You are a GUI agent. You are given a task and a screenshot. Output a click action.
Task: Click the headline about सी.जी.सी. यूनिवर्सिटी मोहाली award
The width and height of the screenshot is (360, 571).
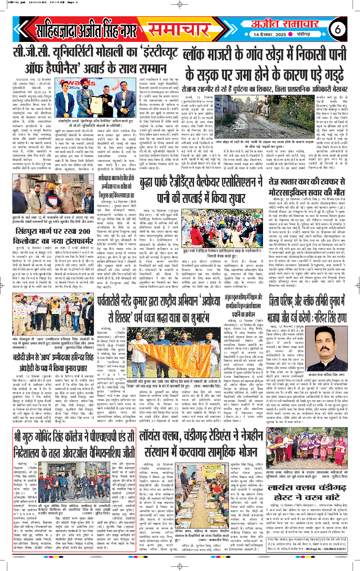(93, 46)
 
